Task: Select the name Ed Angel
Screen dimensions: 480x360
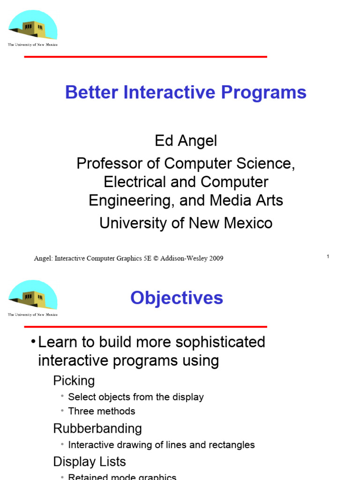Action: click(x=186, y=141)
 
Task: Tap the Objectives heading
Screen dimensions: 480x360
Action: click(x=176, y=298)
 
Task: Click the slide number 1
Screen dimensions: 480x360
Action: click(x=328, y=256)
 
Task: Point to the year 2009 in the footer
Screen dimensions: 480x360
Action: click(x=215, y=258)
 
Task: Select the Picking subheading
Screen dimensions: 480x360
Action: click(x=74, y=381)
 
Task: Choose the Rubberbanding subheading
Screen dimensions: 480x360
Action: click(x=97, y=428)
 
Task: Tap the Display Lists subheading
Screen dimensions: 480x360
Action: click(x=90, y=462)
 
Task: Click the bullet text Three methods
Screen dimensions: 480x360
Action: click(x=101, y=411)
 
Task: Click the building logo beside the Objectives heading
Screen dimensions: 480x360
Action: click(x=32, y=297)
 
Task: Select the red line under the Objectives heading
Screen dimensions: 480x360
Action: click(x=145, y=327)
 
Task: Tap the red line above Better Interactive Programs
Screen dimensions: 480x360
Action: click(x=145, y=57)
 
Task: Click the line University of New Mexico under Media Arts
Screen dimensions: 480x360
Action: click(x=186, y=223)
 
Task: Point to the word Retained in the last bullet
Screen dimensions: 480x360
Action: click(x=89, y=477)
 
